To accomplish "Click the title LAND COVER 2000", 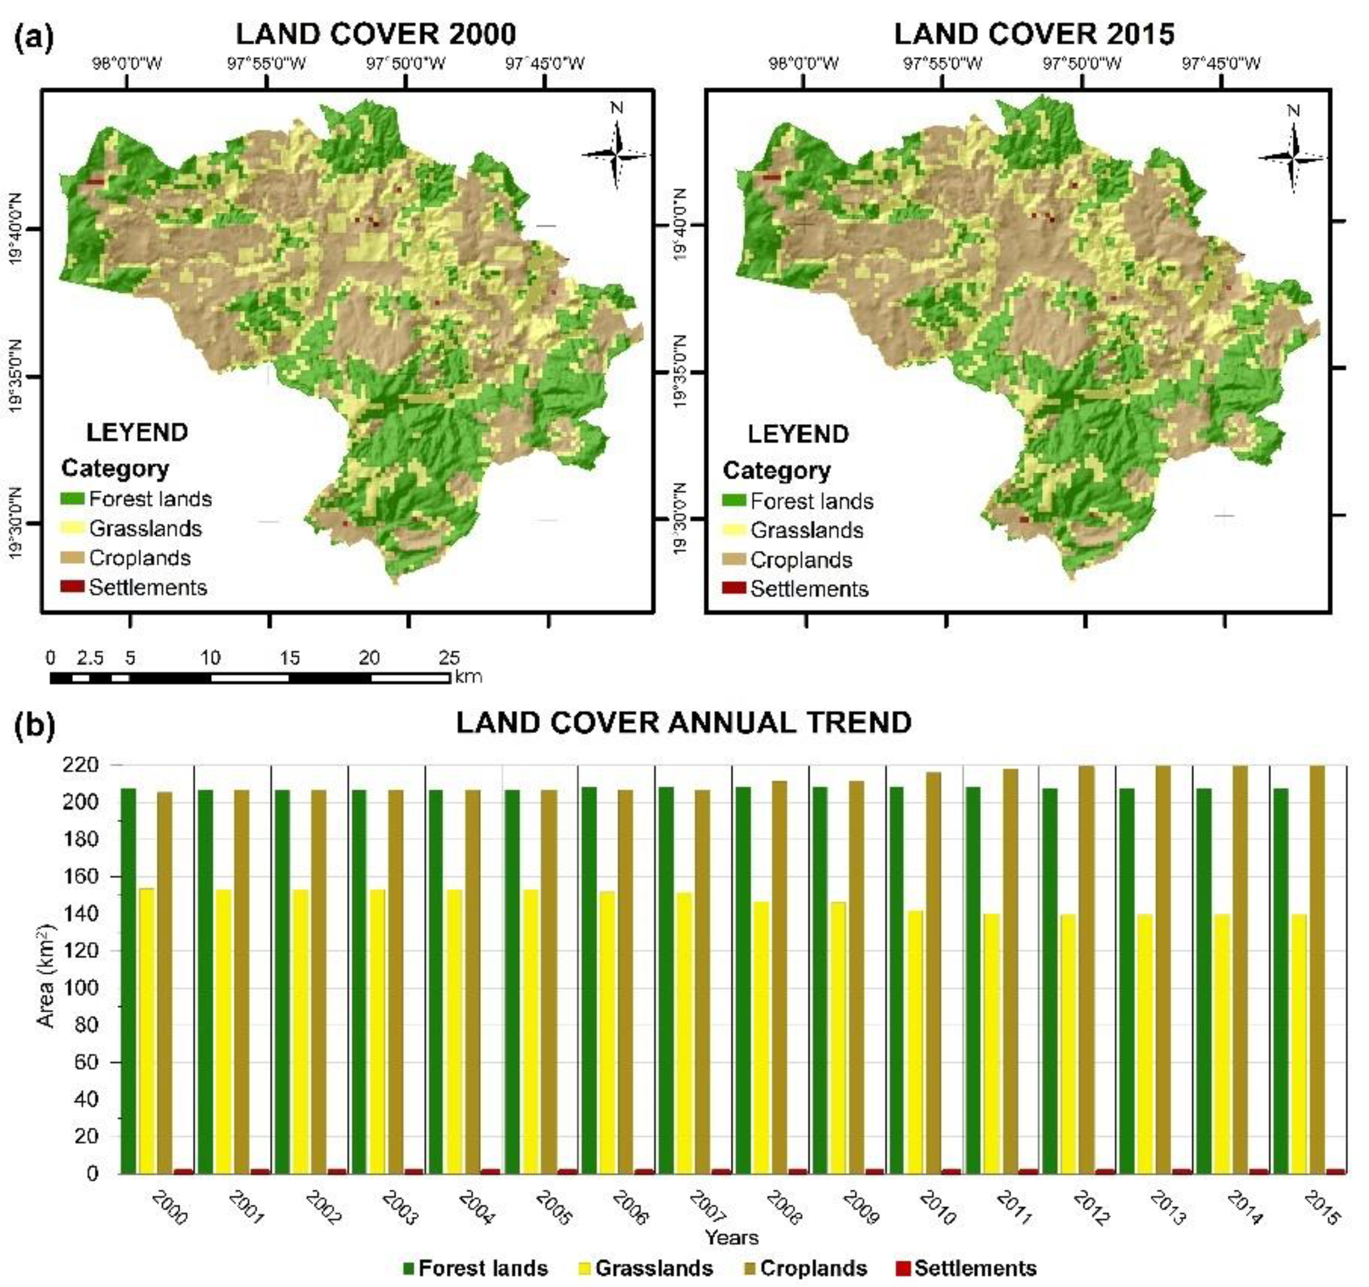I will click(375, 34).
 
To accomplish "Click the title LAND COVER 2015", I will click(1034, 34).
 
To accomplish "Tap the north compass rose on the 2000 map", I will click(616, 153).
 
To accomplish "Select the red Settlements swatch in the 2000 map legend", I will click(71, 587).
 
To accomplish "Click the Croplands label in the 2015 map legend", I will click(801, 560).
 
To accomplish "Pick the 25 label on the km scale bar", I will click(449, 658).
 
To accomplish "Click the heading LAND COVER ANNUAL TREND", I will click(683, 722).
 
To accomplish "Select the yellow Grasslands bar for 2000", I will click(147, 1030).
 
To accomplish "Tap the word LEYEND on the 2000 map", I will click(137, 432).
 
